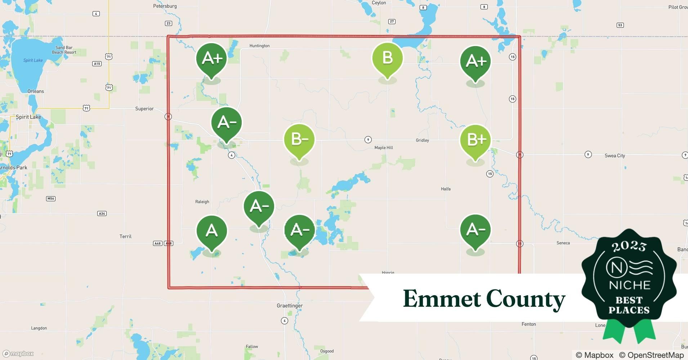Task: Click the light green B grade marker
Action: (x=387, y=59)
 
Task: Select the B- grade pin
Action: (x=299, y=140)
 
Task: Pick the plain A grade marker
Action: (x=211, y=231)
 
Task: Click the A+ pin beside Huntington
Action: (x=211, y=59)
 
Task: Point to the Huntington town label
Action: (x=259, y=46)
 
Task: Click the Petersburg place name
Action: (x=165, y=6)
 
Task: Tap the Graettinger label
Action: (x=290, y=306)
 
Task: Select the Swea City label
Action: (x=615, y=156)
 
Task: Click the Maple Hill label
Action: (x=384, y=148)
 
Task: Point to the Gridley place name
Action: (x=422, y=140)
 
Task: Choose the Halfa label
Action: (x=446, y=189)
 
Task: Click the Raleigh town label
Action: (x=202, y=202)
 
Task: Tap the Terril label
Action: (x=125, y=236)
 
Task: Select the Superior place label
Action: (x=144, y=109)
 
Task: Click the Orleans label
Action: (x=36, y=91)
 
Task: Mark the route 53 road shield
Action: (x=620, y=25)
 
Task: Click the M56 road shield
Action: (x=51, y=199)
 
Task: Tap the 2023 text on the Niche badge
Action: (x=629, y=246)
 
